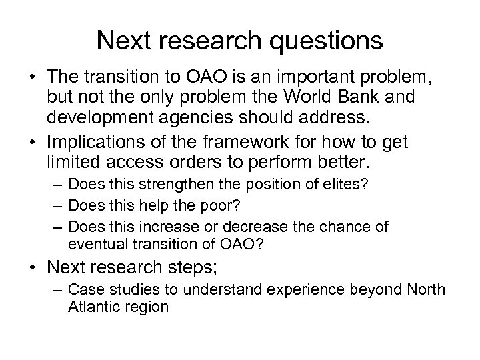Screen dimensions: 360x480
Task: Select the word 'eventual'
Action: pos(97,245)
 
